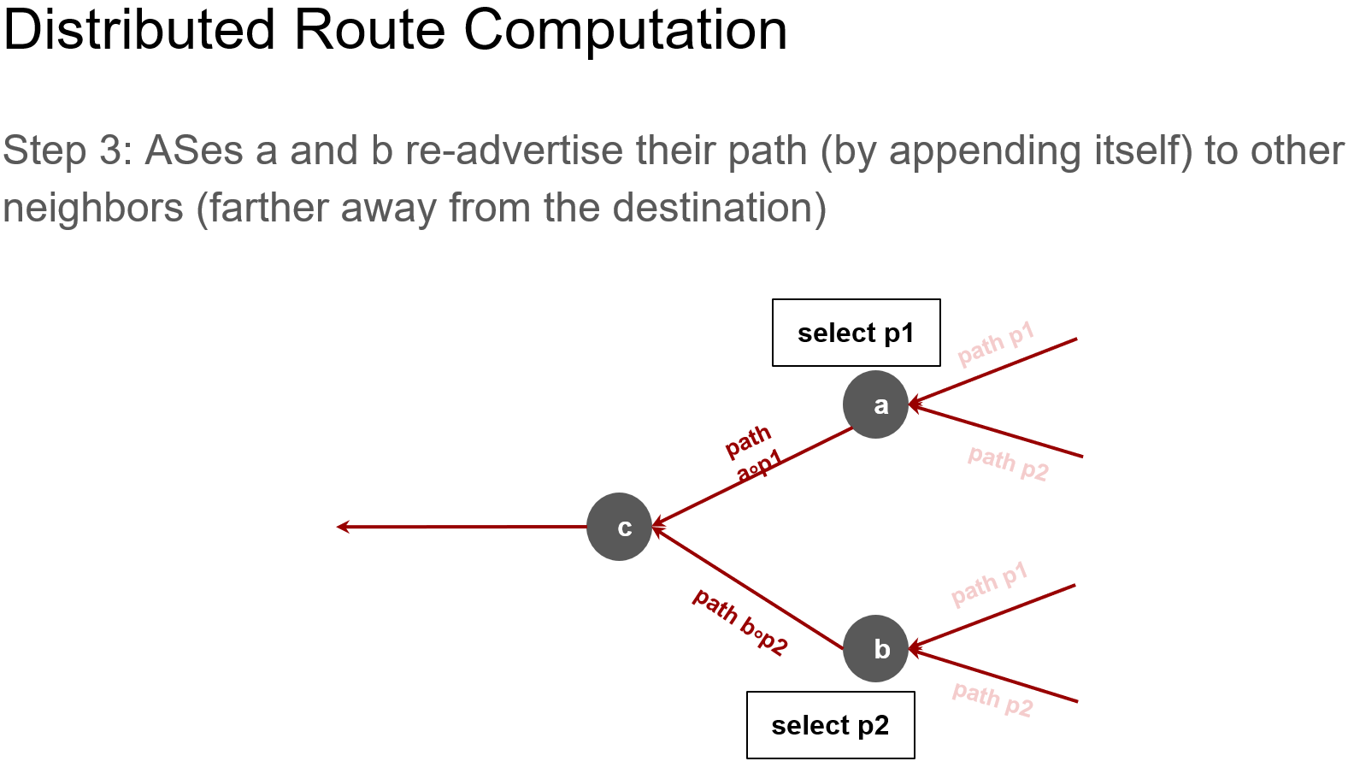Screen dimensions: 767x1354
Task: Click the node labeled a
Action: click(x=875, y=404)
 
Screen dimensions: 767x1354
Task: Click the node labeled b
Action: click(x=875, y=649)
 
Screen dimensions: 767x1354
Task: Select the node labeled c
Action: click(x=620, y=527)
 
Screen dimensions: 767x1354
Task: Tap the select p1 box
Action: click(x=856, y=333)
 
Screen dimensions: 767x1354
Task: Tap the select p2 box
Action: click(x=830, y=725)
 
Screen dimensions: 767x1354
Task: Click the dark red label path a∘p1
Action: click(x=753, y=454)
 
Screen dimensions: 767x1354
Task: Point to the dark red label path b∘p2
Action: click(x=739, y=622)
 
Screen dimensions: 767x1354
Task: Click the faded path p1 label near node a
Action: click(x=996, y=344)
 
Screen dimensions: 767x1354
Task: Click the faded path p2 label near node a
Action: click(x=1008, y=463)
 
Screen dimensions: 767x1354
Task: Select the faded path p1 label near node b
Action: click(x=989, y=585)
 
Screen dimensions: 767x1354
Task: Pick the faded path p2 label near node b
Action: click(x=992, y=699)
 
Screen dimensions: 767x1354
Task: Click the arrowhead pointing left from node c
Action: click(x=343, y=527)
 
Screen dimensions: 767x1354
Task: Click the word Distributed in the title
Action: click(x=139, y=31)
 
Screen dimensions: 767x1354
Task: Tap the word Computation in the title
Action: click(x=625, y=31)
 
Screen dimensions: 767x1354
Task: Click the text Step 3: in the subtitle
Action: click(x=68, y=151)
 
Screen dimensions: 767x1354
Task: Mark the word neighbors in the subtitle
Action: click(x=93, y=208)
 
